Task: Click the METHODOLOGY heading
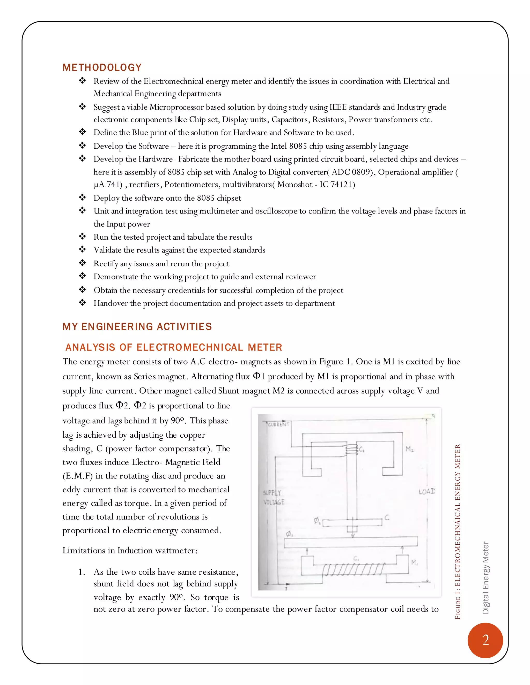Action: point(102,67)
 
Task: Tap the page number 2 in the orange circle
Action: point(485,640)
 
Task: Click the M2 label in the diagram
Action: point(409,449)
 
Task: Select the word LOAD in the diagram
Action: point(427,491)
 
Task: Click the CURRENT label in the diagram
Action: point(278,424)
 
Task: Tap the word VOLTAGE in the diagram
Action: point(274,502)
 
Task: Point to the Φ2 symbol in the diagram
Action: point(317,521)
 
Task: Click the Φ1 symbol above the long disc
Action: point(289,534)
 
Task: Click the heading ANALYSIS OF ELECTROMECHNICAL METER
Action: point(174,347)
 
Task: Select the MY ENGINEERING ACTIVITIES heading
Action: point(137,326)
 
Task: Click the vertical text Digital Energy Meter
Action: point(485,577)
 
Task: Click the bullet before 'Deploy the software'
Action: point(82,197)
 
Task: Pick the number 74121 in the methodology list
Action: point(342,184)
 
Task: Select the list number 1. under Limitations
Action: point(82,572)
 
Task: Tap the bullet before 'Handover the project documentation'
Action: point(82,303)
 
